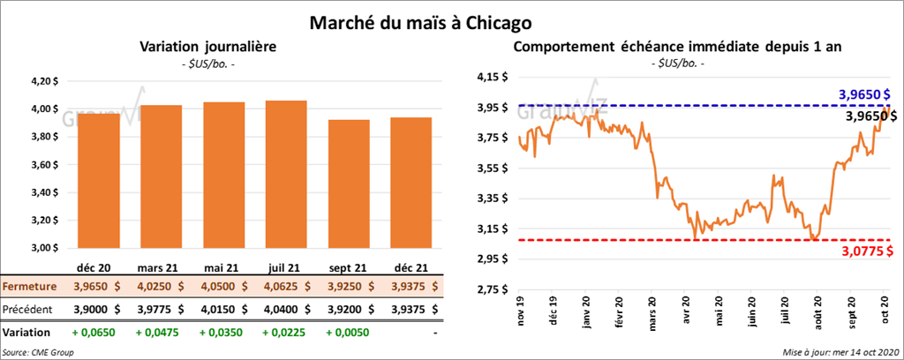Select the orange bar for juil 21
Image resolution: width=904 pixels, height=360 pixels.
click(286, 176)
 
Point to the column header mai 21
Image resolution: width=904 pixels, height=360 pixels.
click(218, 268)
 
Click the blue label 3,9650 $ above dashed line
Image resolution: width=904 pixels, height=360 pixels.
click(863, 94)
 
